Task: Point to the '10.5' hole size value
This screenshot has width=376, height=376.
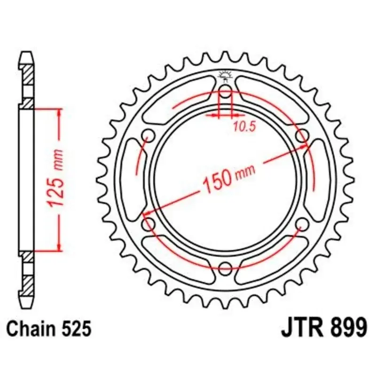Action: click(x=241, y=125)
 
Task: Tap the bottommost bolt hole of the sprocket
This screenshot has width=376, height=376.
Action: click(x=226, y=269)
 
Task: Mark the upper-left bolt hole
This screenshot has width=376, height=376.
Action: click(x=149, y=135)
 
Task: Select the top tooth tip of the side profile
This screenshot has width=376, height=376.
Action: click(x=27, y=53)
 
